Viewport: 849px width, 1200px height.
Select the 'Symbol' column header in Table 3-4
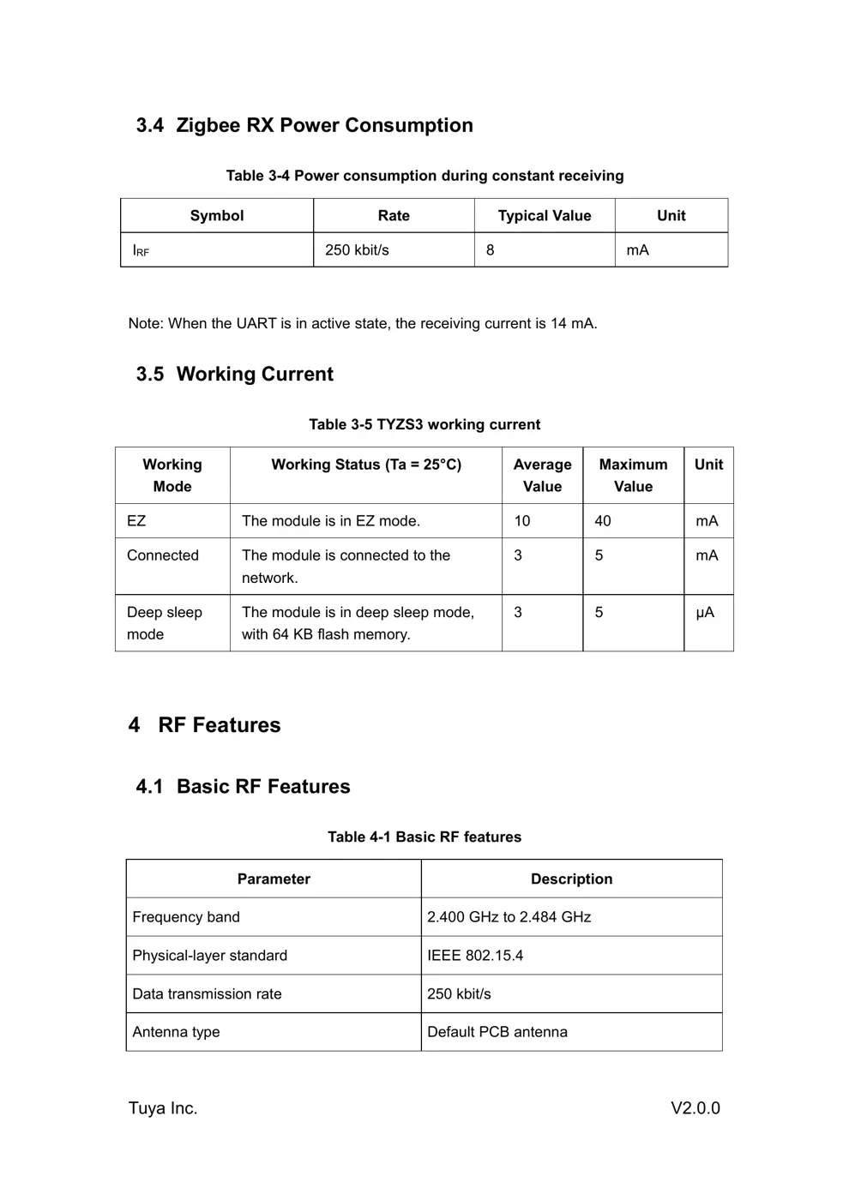coord(217,216)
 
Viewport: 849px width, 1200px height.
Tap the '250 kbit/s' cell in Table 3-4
coord(357,250)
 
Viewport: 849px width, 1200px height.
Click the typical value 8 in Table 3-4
coord(491,250)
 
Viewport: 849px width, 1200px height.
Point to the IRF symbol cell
coord(141,251)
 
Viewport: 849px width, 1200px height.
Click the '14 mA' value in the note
coord(572,324)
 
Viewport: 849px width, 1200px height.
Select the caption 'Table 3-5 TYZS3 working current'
coord(424,424)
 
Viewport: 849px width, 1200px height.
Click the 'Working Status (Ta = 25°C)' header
coord(366,465)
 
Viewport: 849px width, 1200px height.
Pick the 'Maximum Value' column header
coord(633,476)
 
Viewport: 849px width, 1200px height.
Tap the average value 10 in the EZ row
coord(522,521)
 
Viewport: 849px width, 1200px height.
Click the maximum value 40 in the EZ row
coord(603,521)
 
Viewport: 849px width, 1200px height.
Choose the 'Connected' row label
coord(163,555)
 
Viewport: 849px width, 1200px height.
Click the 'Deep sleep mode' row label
coord(164,623)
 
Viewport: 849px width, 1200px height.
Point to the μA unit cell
coord(705,613)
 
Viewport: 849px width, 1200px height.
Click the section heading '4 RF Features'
coord(205,725)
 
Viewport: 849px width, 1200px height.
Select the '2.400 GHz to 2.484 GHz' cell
coord(509,917)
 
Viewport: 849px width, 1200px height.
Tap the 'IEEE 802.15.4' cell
coord(475,956)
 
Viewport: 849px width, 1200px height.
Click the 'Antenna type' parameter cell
coord(176,1032)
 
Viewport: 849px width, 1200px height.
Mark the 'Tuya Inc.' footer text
coord(163,1108)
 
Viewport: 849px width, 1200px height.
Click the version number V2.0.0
coord(695,1108)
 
